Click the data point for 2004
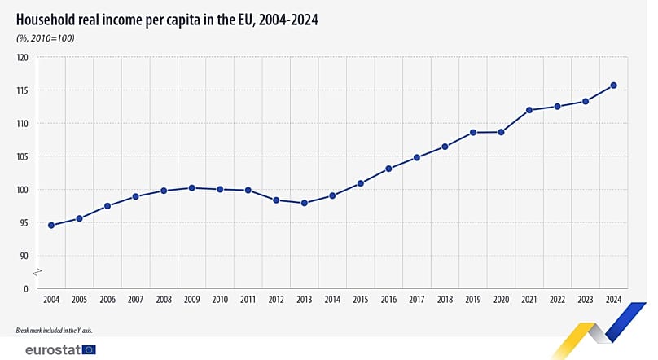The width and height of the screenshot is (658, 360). coord(51,225)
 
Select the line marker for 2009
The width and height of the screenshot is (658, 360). coord(191,187)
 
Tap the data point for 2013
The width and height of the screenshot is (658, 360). coord(304,203)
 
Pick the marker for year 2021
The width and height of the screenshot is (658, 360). coord(529,110)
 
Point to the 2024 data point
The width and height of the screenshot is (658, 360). coord(613,86)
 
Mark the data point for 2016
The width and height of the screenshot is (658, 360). coord(388,169)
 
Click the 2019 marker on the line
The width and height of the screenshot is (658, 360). coord(473,132)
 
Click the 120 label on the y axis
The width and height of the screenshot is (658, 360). coord(22,58)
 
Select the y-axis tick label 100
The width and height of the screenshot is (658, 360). coord(22,190)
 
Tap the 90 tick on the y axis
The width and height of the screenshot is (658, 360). coord(24,256)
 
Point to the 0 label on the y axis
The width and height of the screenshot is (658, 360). coord(25,289)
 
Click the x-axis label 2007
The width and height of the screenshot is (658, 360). coord(135,301)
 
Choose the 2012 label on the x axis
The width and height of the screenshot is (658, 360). coord(276,301)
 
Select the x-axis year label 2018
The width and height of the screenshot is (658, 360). coord(445,301)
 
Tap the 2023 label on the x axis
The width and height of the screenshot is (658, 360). coord(586,301)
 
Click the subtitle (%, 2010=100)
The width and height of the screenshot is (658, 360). coord(46,37)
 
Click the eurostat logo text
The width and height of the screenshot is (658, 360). coord(46,350)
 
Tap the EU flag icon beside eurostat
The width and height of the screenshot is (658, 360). coord(88,350)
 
